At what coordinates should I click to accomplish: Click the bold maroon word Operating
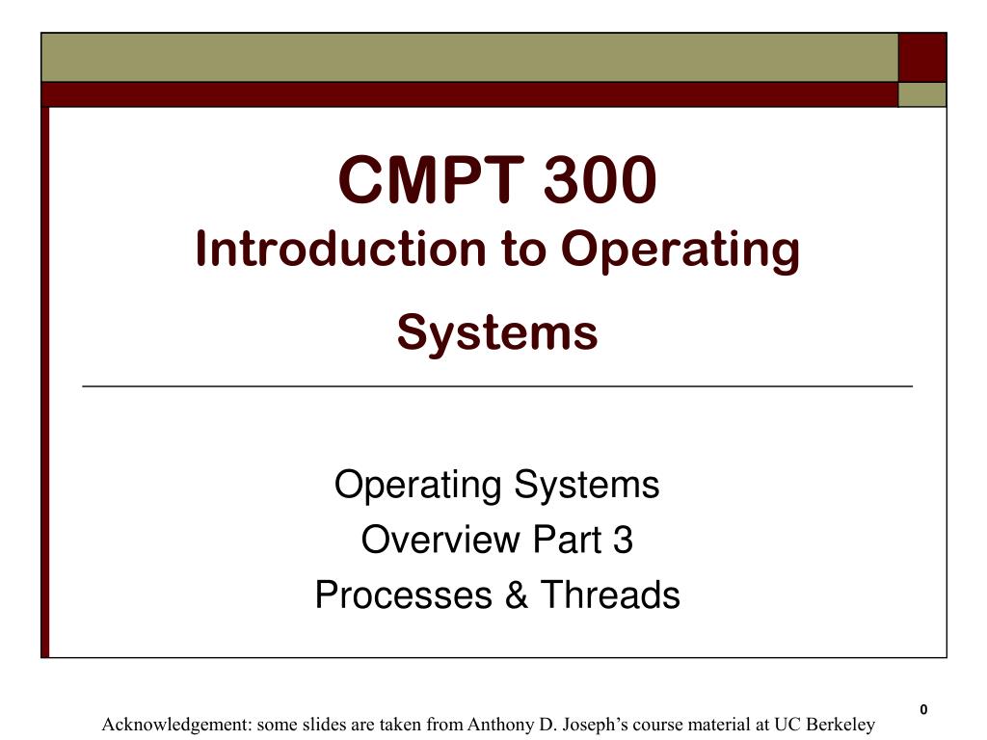(680, 251)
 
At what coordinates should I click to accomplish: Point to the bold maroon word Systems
(497, 332)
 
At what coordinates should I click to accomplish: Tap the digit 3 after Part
(623, 541)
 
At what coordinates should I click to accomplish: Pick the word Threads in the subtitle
(609, 595)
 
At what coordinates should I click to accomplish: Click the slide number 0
(922, 710)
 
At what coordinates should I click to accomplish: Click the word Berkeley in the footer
(840, 725)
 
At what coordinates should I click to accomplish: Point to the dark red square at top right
(922, 57)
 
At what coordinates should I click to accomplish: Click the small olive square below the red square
(922, 94)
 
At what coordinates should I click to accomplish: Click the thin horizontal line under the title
(497, 386)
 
